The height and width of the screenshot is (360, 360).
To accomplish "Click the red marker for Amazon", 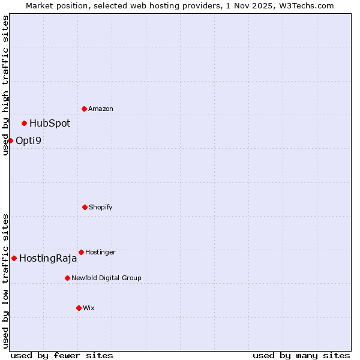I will [84, 109].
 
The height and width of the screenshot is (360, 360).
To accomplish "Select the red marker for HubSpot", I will [24, 123].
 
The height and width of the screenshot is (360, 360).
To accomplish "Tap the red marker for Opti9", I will [10, 140].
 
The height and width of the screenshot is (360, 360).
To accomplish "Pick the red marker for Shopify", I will [85, 207].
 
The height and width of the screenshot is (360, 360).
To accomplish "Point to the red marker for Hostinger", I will [81, 252].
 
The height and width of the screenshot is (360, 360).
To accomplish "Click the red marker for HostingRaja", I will [14, 258].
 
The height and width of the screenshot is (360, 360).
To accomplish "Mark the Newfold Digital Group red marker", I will [67, 278].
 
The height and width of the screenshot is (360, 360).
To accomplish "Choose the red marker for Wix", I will [79, 308].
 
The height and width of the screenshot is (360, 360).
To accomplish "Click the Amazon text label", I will [101, 109].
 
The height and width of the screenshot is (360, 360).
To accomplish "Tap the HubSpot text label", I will [50, 124].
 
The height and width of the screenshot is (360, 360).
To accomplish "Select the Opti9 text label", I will [28, 141].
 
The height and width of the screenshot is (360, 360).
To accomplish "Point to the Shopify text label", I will [101, 208].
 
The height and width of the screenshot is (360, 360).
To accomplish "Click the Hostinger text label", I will [100, 253].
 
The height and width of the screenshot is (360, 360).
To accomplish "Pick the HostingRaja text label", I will [48, 259].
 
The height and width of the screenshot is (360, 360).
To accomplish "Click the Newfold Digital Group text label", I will [106, 278].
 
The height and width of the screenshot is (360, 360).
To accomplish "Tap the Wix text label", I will [89, 308].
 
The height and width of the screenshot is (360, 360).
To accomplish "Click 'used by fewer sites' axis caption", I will [62, 355].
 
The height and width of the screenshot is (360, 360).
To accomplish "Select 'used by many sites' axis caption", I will [301, 355].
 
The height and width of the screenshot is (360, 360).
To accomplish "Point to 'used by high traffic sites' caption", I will [5, 85].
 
